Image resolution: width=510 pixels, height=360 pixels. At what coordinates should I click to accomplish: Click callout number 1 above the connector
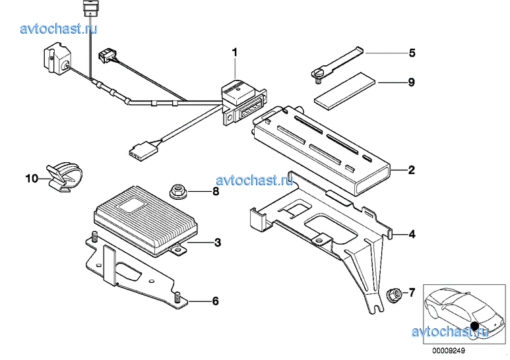tap(234, 52)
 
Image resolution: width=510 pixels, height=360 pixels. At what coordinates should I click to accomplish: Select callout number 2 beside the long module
tap(412, 170)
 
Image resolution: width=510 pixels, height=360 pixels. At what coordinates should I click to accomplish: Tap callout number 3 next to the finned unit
tap(218, 243)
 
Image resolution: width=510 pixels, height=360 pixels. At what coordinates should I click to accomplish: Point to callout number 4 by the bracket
tap(412, 234)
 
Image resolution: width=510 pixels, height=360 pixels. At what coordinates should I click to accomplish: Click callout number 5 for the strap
tap(412, 53)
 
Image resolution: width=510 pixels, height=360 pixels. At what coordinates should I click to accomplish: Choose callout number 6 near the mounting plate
tap(215, 301)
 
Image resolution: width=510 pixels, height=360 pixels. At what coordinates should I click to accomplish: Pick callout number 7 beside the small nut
tap(412, 293)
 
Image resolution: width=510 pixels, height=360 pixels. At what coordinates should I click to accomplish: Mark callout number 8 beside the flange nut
tap(216, 191)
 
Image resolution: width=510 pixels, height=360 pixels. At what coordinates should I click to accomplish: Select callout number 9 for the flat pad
tap(412, 82)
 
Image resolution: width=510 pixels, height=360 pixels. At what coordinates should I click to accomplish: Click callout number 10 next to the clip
tap(32, 179)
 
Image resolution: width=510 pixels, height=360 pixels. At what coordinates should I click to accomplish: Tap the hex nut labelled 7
tap(394, 295)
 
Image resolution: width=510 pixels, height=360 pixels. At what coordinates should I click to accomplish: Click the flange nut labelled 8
tap(178, 191)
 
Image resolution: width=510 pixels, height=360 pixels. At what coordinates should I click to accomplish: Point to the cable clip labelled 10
tap(65, 177)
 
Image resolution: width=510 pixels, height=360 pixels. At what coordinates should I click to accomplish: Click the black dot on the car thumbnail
tap(475, 325)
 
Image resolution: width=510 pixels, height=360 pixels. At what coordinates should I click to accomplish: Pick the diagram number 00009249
tap(449, 351)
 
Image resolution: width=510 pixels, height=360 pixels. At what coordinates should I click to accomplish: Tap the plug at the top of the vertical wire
tap(89, 8)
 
